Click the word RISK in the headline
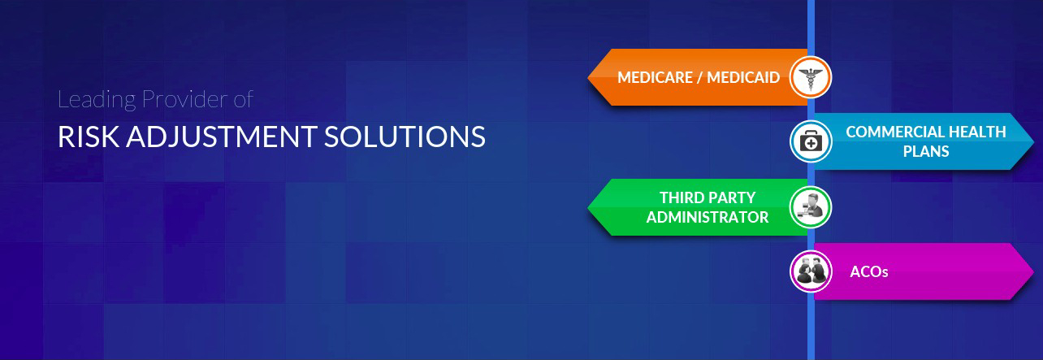pos(88,137)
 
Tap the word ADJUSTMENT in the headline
pos(222,137)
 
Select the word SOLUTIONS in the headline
pos(405,137)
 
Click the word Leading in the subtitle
pos(97,100)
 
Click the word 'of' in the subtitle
pos(243,98)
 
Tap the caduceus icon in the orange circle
pos(811,77)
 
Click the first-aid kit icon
pos(811,141)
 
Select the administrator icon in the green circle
pos(811,206)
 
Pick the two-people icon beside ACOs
pos(811,271)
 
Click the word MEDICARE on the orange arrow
pos(656,77)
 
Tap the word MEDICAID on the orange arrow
pos(743,77)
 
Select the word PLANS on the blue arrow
pos(926,151)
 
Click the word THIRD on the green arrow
pos(681,198)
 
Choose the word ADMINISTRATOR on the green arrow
pos(708,217)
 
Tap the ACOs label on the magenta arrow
pos(869,271)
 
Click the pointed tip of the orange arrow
pos(588,77)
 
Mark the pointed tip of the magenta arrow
pos(1033,271)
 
